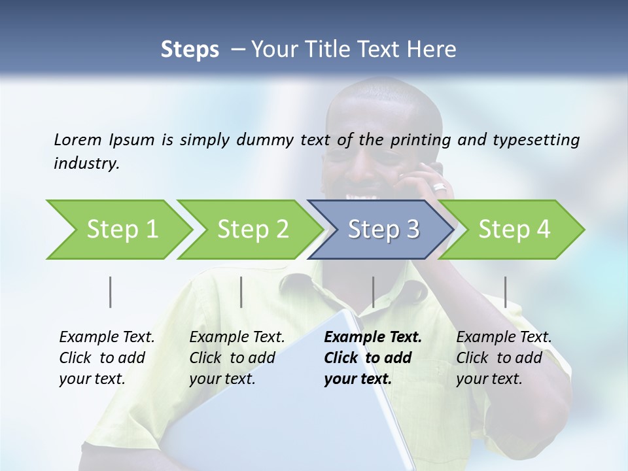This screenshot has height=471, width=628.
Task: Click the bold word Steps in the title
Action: point(190,49)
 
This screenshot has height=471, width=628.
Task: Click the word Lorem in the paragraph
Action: point(77,139)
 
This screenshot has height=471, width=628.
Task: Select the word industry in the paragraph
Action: point(86,164)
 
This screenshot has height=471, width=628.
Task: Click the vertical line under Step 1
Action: point(111,292)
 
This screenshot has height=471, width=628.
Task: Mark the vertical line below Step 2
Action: point(241,292)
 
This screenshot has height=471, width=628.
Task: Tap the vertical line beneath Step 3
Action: point(373,292)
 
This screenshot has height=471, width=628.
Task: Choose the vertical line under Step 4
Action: point(505,292)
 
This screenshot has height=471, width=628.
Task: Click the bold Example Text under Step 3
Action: point(373,338)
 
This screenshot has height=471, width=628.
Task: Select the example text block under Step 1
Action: point(107,358)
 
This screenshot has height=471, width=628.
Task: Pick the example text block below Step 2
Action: point(237,358)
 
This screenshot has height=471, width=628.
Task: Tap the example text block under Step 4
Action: point(504,358)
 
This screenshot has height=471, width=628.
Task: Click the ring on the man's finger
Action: point(439,188)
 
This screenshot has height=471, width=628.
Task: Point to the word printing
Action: point(416,140)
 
